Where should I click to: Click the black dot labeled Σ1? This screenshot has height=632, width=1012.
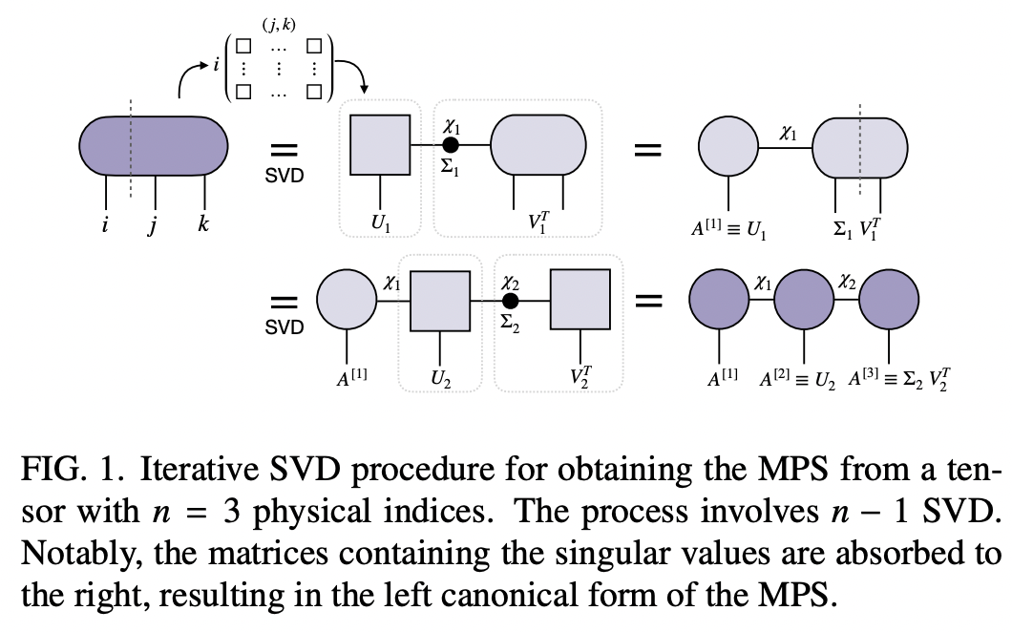452,145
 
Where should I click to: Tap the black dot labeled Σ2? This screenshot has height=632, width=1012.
511,301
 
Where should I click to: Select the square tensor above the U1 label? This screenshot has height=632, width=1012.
380,145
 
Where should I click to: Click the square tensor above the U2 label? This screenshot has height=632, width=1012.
440,301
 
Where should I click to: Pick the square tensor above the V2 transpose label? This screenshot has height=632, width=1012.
580,300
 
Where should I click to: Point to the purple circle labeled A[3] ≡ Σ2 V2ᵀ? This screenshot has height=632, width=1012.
890,300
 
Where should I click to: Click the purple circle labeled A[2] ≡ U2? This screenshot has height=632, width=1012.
804,300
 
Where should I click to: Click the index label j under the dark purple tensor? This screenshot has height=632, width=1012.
154,228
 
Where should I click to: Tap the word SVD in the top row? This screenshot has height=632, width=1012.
284,176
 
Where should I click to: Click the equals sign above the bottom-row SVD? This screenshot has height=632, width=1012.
284,302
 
